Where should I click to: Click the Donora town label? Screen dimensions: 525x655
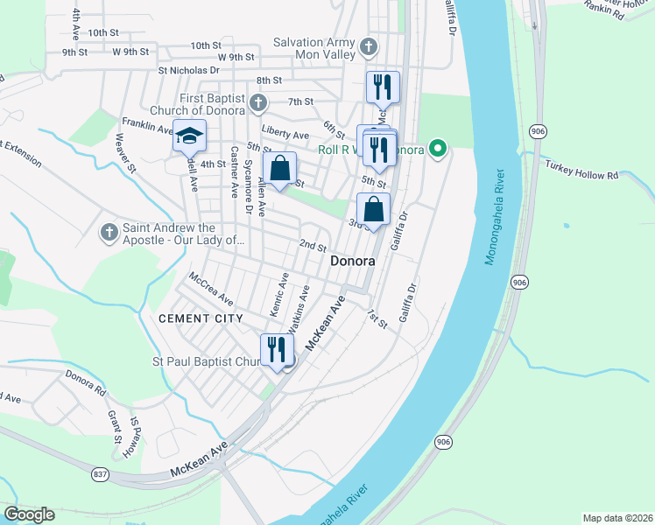353,262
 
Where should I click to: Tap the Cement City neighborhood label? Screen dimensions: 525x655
201,318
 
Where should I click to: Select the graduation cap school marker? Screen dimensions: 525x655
189,136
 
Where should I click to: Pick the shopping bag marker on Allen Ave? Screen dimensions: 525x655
280,169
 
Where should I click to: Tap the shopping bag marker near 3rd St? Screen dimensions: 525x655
373,210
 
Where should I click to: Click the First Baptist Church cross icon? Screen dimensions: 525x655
257,103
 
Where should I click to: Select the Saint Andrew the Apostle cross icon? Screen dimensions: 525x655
109,232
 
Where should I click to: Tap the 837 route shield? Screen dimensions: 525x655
102,473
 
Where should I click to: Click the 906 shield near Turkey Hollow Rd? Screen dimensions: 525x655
537,131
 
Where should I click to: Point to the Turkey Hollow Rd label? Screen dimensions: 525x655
581,170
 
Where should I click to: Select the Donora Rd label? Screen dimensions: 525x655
85,378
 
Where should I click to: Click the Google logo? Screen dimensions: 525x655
29,514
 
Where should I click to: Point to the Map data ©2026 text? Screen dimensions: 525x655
616,517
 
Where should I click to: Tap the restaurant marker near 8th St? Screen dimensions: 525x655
383,87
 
